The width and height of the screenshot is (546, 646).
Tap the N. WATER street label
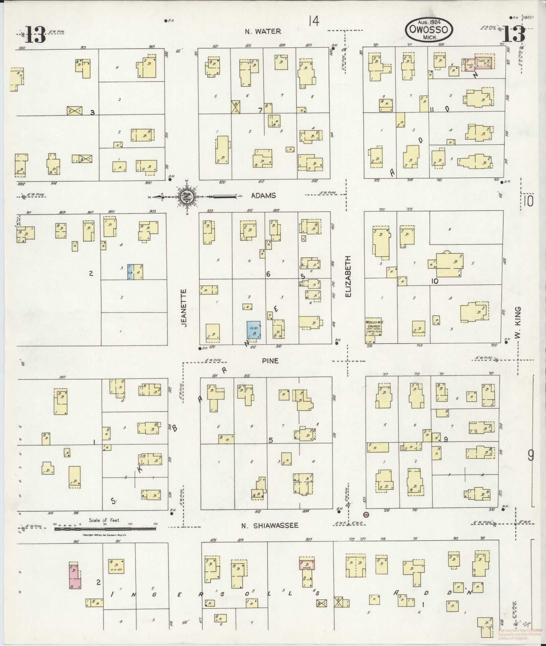[x=263, y=32]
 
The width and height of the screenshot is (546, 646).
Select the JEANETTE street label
[x=184, y=308]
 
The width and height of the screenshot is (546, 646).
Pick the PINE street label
[x=270, y=361]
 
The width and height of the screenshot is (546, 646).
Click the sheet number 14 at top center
[x=314, y=22]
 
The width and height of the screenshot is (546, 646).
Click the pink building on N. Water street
[x=479, y=63]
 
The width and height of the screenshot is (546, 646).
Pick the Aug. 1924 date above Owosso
[x=429, y=23]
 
